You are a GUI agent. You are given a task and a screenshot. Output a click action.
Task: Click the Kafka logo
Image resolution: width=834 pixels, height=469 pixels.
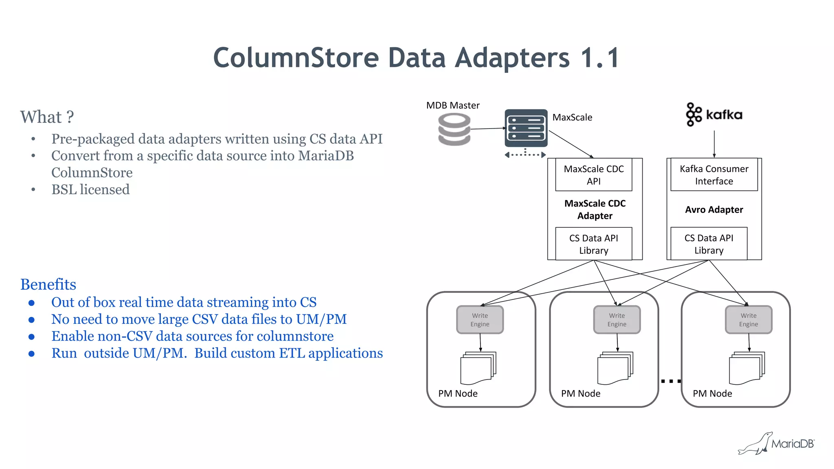pos(714,115)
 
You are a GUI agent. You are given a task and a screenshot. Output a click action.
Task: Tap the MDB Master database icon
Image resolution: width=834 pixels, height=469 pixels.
pos(454,129)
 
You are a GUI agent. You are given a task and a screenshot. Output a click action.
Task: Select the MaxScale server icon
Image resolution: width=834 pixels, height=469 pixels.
pos(526,128)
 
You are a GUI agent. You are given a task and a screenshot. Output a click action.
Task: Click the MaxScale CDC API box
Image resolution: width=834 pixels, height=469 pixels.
pos(593,175)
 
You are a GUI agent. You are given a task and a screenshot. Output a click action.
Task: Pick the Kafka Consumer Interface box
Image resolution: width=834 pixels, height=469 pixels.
pos(713,175)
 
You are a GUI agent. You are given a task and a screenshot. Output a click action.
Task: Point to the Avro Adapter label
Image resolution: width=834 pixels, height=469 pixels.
pos(713,209)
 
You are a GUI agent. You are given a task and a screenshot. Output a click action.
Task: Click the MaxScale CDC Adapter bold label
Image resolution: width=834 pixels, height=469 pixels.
pos(595,209)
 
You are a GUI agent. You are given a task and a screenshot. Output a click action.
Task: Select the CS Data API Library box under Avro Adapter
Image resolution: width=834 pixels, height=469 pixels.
pos(709,244)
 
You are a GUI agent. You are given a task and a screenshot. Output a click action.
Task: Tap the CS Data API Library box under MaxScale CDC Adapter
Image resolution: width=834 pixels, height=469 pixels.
pos(593,244)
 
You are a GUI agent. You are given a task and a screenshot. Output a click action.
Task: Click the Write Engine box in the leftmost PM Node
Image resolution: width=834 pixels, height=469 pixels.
pos(480,320)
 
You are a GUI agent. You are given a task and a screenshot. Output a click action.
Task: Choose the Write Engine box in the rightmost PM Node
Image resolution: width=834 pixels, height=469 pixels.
pos(748,320)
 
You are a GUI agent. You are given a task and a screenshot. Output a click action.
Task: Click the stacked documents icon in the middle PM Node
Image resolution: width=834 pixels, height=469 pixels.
pos(615,368)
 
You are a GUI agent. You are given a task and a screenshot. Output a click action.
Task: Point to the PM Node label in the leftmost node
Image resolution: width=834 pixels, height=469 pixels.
pos(458,393)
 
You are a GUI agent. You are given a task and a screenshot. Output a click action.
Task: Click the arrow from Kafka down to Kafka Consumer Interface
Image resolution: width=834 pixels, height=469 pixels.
pos(714,144)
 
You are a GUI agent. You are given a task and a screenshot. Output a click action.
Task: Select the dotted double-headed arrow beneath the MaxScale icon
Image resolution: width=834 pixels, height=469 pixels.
pos(525,155)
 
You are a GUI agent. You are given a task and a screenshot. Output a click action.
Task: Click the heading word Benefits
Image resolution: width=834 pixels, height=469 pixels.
pos(48,284)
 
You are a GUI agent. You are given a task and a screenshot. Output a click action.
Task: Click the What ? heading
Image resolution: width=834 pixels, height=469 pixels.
pos(47,117)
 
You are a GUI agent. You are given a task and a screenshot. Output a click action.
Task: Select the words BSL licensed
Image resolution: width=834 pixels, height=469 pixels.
pos(90,190)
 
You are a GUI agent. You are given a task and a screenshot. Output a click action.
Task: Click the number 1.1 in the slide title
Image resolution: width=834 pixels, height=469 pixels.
pos(599,58)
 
